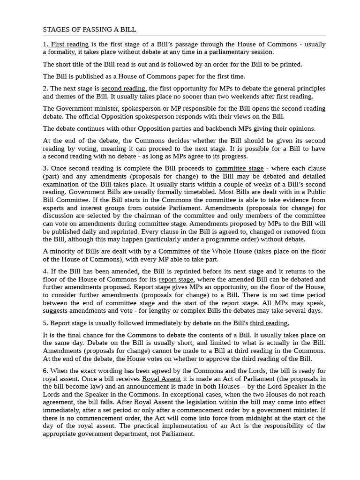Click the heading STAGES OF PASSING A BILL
(90, 30)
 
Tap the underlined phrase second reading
(123, 89)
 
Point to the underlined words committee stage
(239, 168)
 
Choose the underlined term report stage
(176, 279)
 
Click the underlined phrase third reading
(269, 323)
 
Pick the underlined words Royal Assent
(161, 379)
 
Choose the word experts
(53, 208)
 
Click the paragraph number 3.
(45, 168)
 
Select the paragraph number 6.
(45, 371)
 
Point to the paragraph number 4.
(45, 271)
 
